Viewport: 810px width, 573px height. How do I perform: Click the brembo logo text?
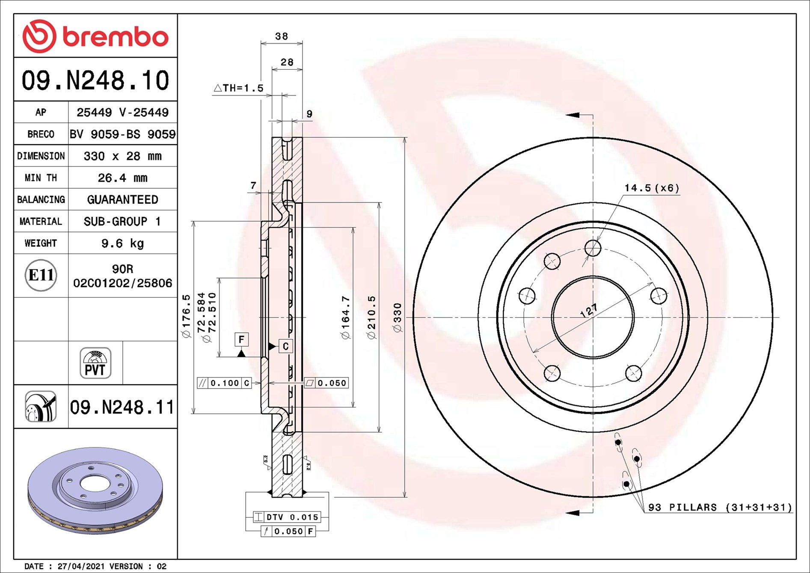coord(116,37)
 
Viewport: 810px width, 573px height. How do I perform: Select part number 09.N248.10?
coord(95,80)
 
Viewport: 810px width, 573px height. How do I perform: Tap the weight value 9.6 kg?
coord(122,243)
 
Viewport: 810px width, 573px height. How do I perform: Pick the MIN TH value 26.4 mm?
coord(122,178)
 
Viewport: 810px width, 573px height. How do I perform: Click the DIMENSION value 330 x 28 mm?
coord(122,156)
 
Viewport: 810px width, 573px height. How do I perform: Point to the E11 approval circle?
coord(41,275)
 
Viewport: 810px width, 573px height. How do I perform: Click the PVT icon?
coord(95,363)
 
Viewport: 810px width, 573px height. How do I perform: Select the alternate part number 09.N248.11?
coord(122,407)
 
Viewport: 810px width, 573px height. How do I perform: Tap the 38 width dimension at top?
coord(282,36)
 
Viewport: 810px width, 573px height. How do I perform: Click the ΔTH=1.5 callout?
coord(238,88)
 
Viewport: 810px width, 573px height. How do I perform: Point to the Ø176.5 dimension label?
coord(186,316)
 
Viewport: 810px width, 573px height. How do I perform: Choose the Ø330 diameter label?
coord(398,318)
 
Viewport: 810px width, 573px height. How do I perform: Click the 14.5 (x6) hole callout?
coord(652,188)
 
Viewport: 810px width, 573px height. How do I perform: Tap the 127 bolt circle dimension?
coord(589,311)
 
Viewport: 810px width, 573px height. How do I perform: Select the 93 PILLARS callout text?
coord(720,507)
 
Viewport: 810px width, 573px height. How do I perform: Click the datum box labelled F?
coord(242,339)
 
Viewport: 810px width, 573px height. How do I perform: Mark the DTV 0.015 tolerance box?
coord(286,517)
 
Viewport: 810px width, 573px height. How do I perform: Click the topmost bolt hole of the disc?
coord(593,248)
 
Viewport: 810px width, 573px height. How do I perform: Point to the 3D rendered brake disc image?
coord(95,490)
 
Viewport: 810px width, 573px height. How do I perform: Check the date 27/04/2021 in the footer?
coord(81,566)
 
